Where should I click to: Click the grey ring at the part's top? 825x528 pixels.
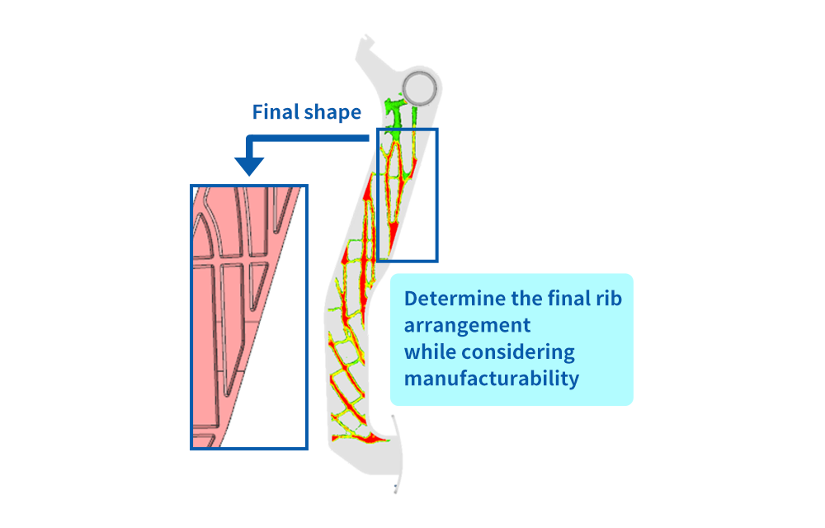tap(422, 87)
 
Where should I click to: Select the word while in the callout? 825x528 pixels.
tap(429, 351)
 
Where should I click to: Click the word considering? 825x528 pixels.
tap(518, 351)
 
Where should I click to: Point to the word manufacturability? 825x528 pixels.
tap(492, 379)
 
